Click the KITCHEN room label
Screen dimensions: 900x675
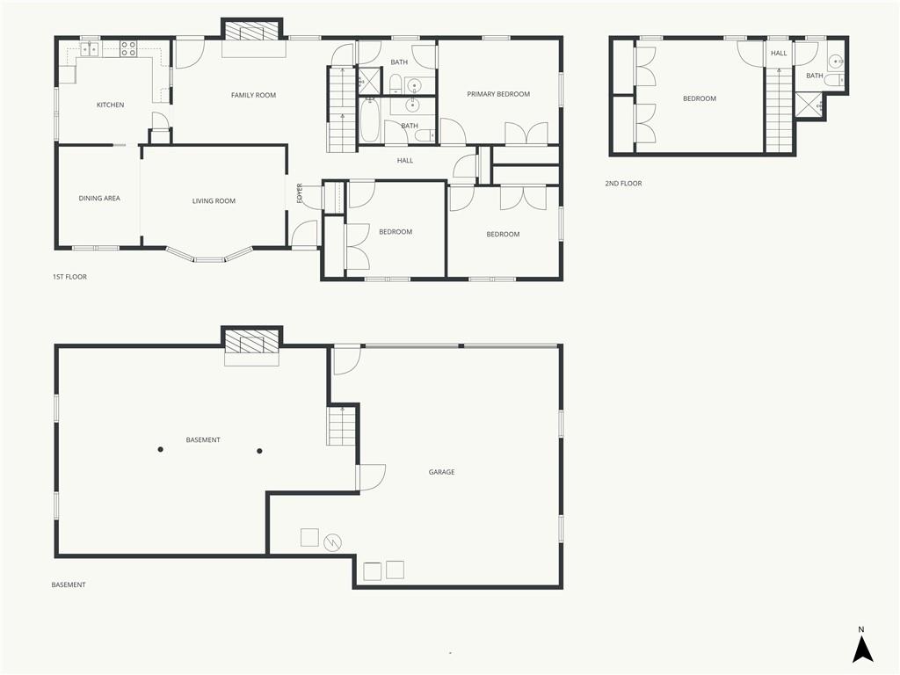110,105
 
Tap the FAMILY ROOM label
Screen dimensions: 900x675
253,95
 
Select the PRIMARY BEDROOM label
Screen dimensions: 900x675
498,94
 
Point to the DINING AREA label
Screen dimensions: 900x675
99,199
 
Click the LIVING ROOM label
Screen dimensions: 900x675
214,201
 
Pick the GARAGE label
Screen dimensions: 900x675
441,472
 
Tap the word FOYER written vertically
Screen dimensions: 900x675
299,192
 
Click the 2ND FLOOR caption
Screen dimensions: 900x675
623,184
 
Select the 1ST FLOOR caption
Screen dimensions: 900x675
70,277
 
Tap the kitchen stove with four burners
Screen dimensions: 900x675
128,49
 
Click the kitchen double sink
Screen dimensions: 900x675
90,49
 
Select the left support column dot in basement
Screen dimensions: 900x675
161,449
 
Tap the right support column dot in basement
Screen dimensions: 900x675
259,451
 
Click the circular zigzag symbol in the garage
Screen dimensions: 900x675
332,541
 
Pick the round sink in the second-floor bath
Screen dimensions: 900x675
837,61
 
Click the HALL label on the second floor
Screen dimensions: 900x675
779,54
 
